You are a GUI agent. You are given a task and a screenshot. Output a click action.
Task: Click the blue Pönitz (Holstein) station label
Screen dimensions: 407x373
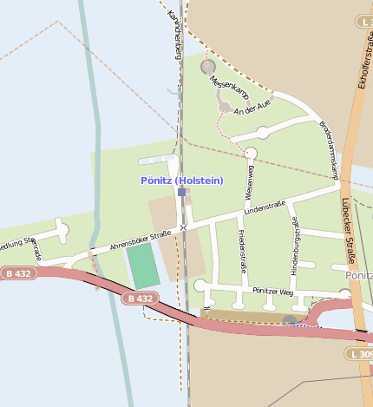point(182,180)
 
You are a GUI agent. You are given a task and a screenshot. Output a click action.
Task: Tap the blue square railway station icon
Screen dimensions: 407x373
point(182,192)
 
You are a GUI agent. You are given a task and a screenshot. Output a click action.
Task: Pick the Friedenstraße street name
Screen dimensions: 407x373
point(243,252)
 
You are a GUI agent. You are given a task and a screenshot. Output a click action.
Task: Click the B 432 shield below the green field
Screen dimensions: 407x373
point(139,299)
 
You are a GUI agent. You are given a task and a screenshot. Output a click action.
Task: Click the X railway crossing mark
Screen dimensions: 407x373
point(183,227)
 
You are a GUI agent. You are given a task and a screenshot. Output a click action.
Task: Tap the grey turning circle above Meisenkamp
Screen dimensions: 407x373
point(207,66)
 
